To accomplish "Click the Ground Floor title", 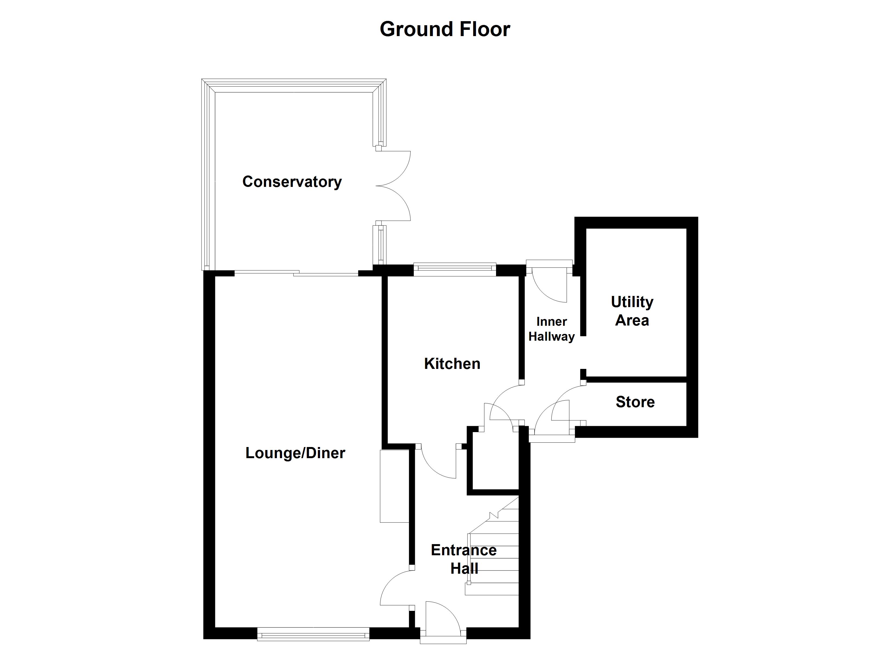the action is click(x=445, y=29).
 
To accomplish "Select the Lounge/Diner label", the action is click(x=295, y=453).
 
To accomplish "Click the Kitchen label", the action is click(x=452, y=363).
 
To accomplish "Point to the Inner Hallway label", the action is click(x=551, y=329).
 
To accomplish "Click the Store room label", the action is click(x=635, y=402).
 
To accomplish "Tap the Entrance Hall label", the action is click(x=464, y=559).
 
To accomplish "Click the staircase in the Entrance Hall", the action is click(x=493, y=553).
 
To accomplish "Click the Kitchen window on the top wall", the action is click(x=455, y=269).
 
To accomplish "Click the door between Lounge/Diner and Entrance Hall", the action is click(x=395, y=588).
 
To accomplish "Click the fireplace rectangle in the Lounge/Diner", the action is click(x=394, y=486).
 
